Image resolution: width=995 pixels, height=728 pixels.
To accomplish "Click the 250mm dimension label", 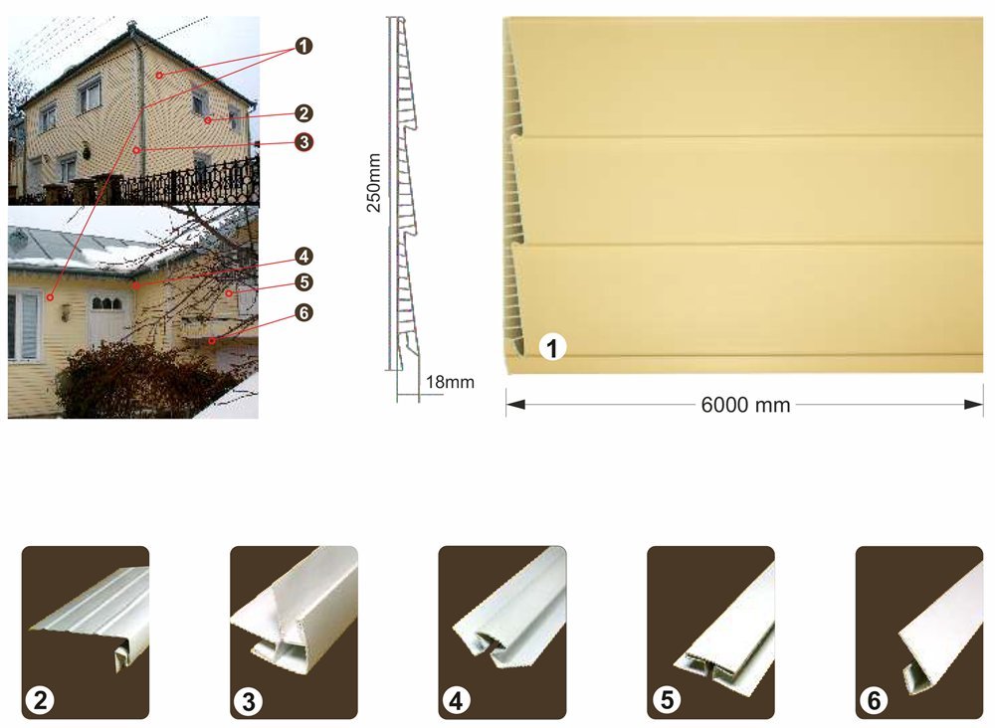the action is point(374,183).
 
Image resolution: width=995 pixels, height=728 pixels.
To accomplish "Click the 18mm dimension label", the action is point(450,382).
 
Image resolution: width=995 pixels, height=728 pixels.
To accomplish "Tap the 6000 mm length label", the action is point(745,405).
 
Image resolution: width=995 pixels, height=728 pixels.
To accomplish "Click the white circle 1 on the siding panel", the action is point(552,347).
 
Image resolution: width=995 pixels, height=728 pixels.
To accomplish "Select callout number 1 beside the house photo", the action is point(303,46).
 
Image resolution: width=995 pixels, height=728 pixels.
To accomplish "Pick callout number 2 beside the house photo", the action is point(303,113).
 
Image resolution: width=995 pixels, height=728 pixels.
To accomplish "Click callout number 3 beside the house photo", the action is point(303,142).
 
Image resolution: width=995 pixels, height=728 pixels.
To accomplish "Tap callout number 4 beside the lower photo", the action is point(303,257).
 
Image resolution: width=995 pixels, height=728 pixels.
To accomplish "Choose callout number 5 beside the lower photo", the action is point(303,282).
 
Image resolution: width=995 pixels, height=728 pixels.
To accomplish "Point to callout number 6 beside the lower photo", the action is point(303,312).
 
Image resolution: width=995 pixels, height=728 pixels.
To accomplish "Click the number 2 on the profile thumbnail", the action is point(40,700).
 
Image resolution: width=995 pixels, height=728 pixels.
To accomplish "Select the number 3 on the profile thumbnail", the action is point(248,701).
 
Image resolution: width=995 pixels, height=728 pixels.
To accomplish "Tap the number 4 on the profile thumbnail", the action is point(457,701).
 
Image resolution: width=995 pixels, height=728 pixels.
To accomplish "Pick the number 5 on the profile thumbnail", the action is point(667,699).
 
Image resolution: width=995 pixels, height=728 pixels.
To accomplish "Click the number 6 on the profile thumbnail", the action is point(874,700).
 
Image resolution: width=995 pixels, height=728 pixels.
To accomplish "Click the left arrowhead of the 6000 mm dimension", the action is point(515,405).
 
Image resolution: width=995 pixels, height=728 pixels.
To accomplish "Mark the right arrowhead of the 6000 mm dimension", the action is point(973,405).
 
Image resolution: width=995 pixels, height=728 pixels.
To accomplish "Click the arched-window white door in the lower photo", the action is point(107,319).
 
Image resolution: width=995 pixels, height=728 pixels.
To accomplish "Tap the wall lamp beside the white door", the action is point(67,312).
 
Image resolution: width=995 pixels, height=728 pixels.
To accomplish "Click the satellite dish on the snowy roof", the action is point(18,239).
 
